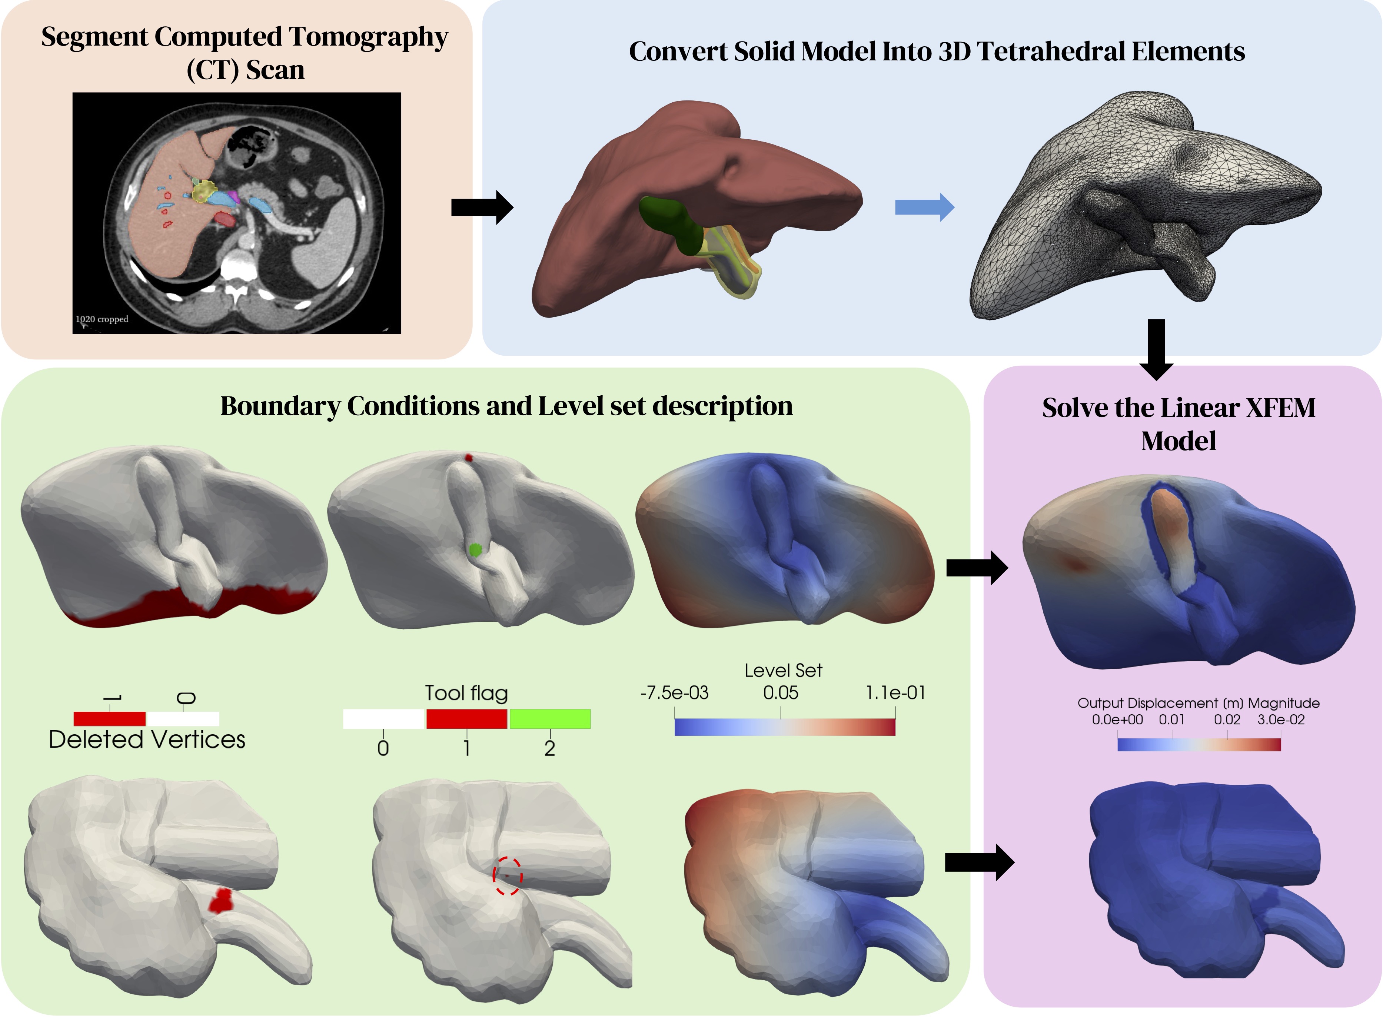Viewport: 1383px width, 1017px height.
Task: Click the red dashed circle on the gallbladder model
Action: (x=507, y=875)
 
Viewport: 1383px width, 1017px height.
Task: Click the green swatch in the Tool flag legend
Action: (x=550, y=718)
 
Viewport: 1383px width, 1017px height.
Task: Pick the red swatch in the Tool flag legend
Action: (x=466, y=718)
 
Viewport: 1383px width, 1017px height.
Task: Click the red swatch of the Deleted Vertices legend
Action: (x=110, y=718)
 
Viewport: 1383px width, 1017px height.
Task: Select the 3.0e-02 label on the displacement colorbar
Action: (x=1281, y=719)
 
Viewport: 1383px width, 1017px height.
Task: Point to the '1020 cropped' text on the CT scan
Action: (x=102, y=319)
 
